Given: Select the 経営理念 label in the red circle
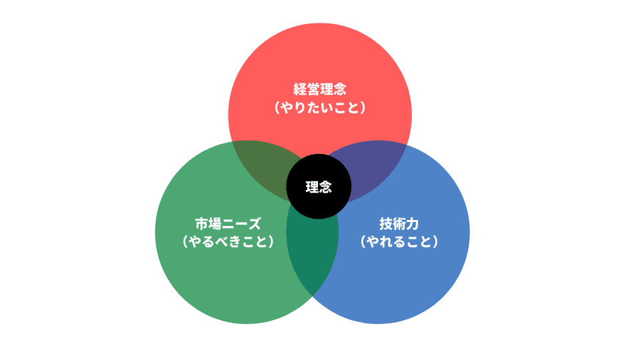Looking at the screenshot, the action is pos(320,89).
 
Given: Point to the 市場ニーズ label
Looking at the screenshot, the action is pos(228,223).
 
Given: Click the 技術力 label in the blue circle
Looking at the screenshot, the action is pos(399,223).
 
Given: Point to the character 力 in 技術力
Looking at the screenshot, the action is pos(412,223).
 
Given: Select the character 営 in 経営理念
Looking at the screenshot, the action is pos(313,89).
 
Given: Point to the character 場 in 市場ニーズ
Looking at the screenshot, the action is pos(215,223).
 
